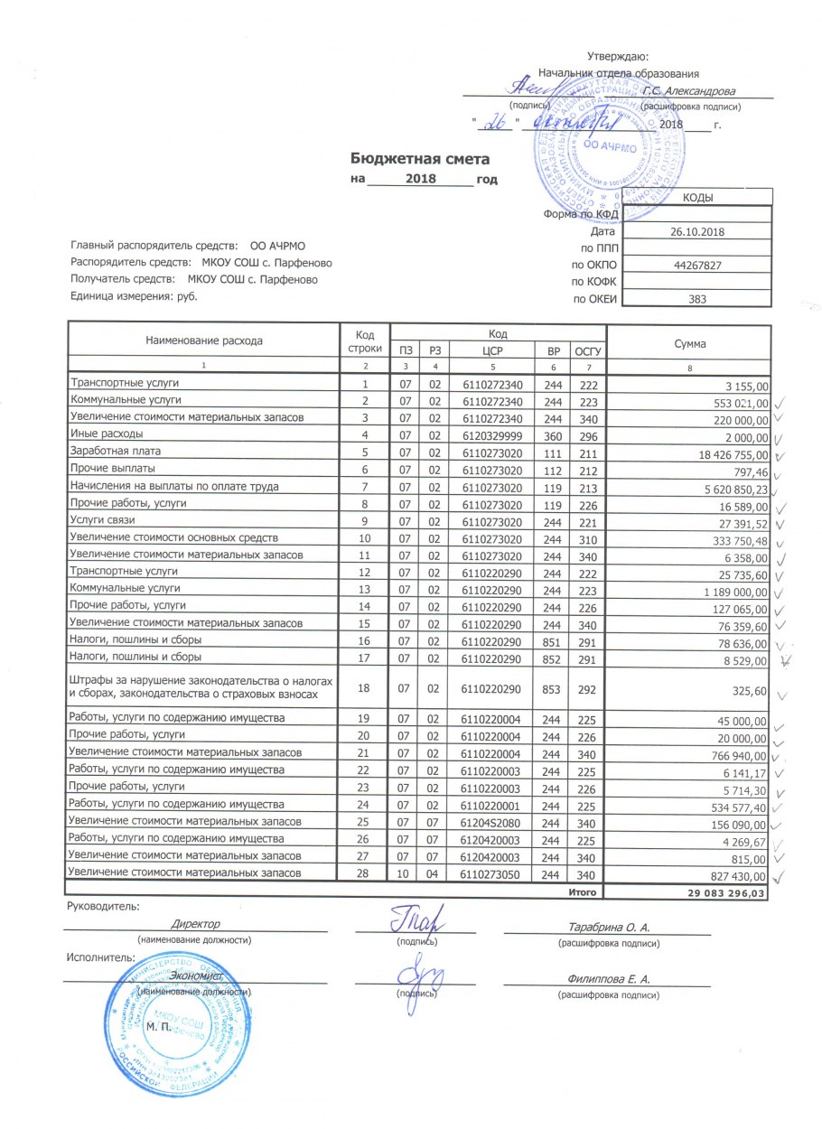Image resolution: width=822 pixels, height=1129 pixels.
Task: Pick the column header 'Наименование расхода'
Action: point(203,342)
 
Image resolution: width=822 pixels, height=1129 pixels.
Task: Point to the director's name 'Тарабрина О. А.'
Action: point(610,927)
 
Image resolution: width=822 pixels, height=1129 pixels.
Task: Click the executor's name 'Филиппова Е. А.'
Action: point(610,978)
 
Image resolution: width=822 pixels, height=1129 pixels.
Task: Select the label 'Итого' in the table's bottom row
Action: point(584,892)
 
